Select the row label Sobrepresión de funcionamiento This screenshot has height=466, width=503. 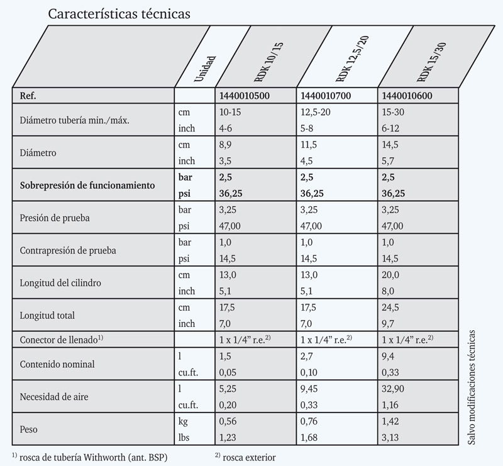pyautogui.click(x=88, y=186)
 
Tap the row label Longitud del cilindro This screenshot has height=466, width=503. pyautogui.click(x=61, y=282)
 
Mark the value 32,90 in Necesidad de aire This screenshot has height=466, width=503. pyautogui.click(x=394, y=388)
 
